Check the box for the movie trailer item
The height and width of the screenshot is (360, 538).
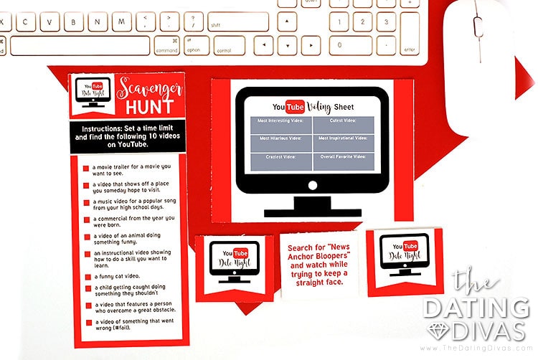[86, 169]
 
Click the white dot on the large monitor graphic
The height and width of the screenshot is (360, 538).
[312, 186]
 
